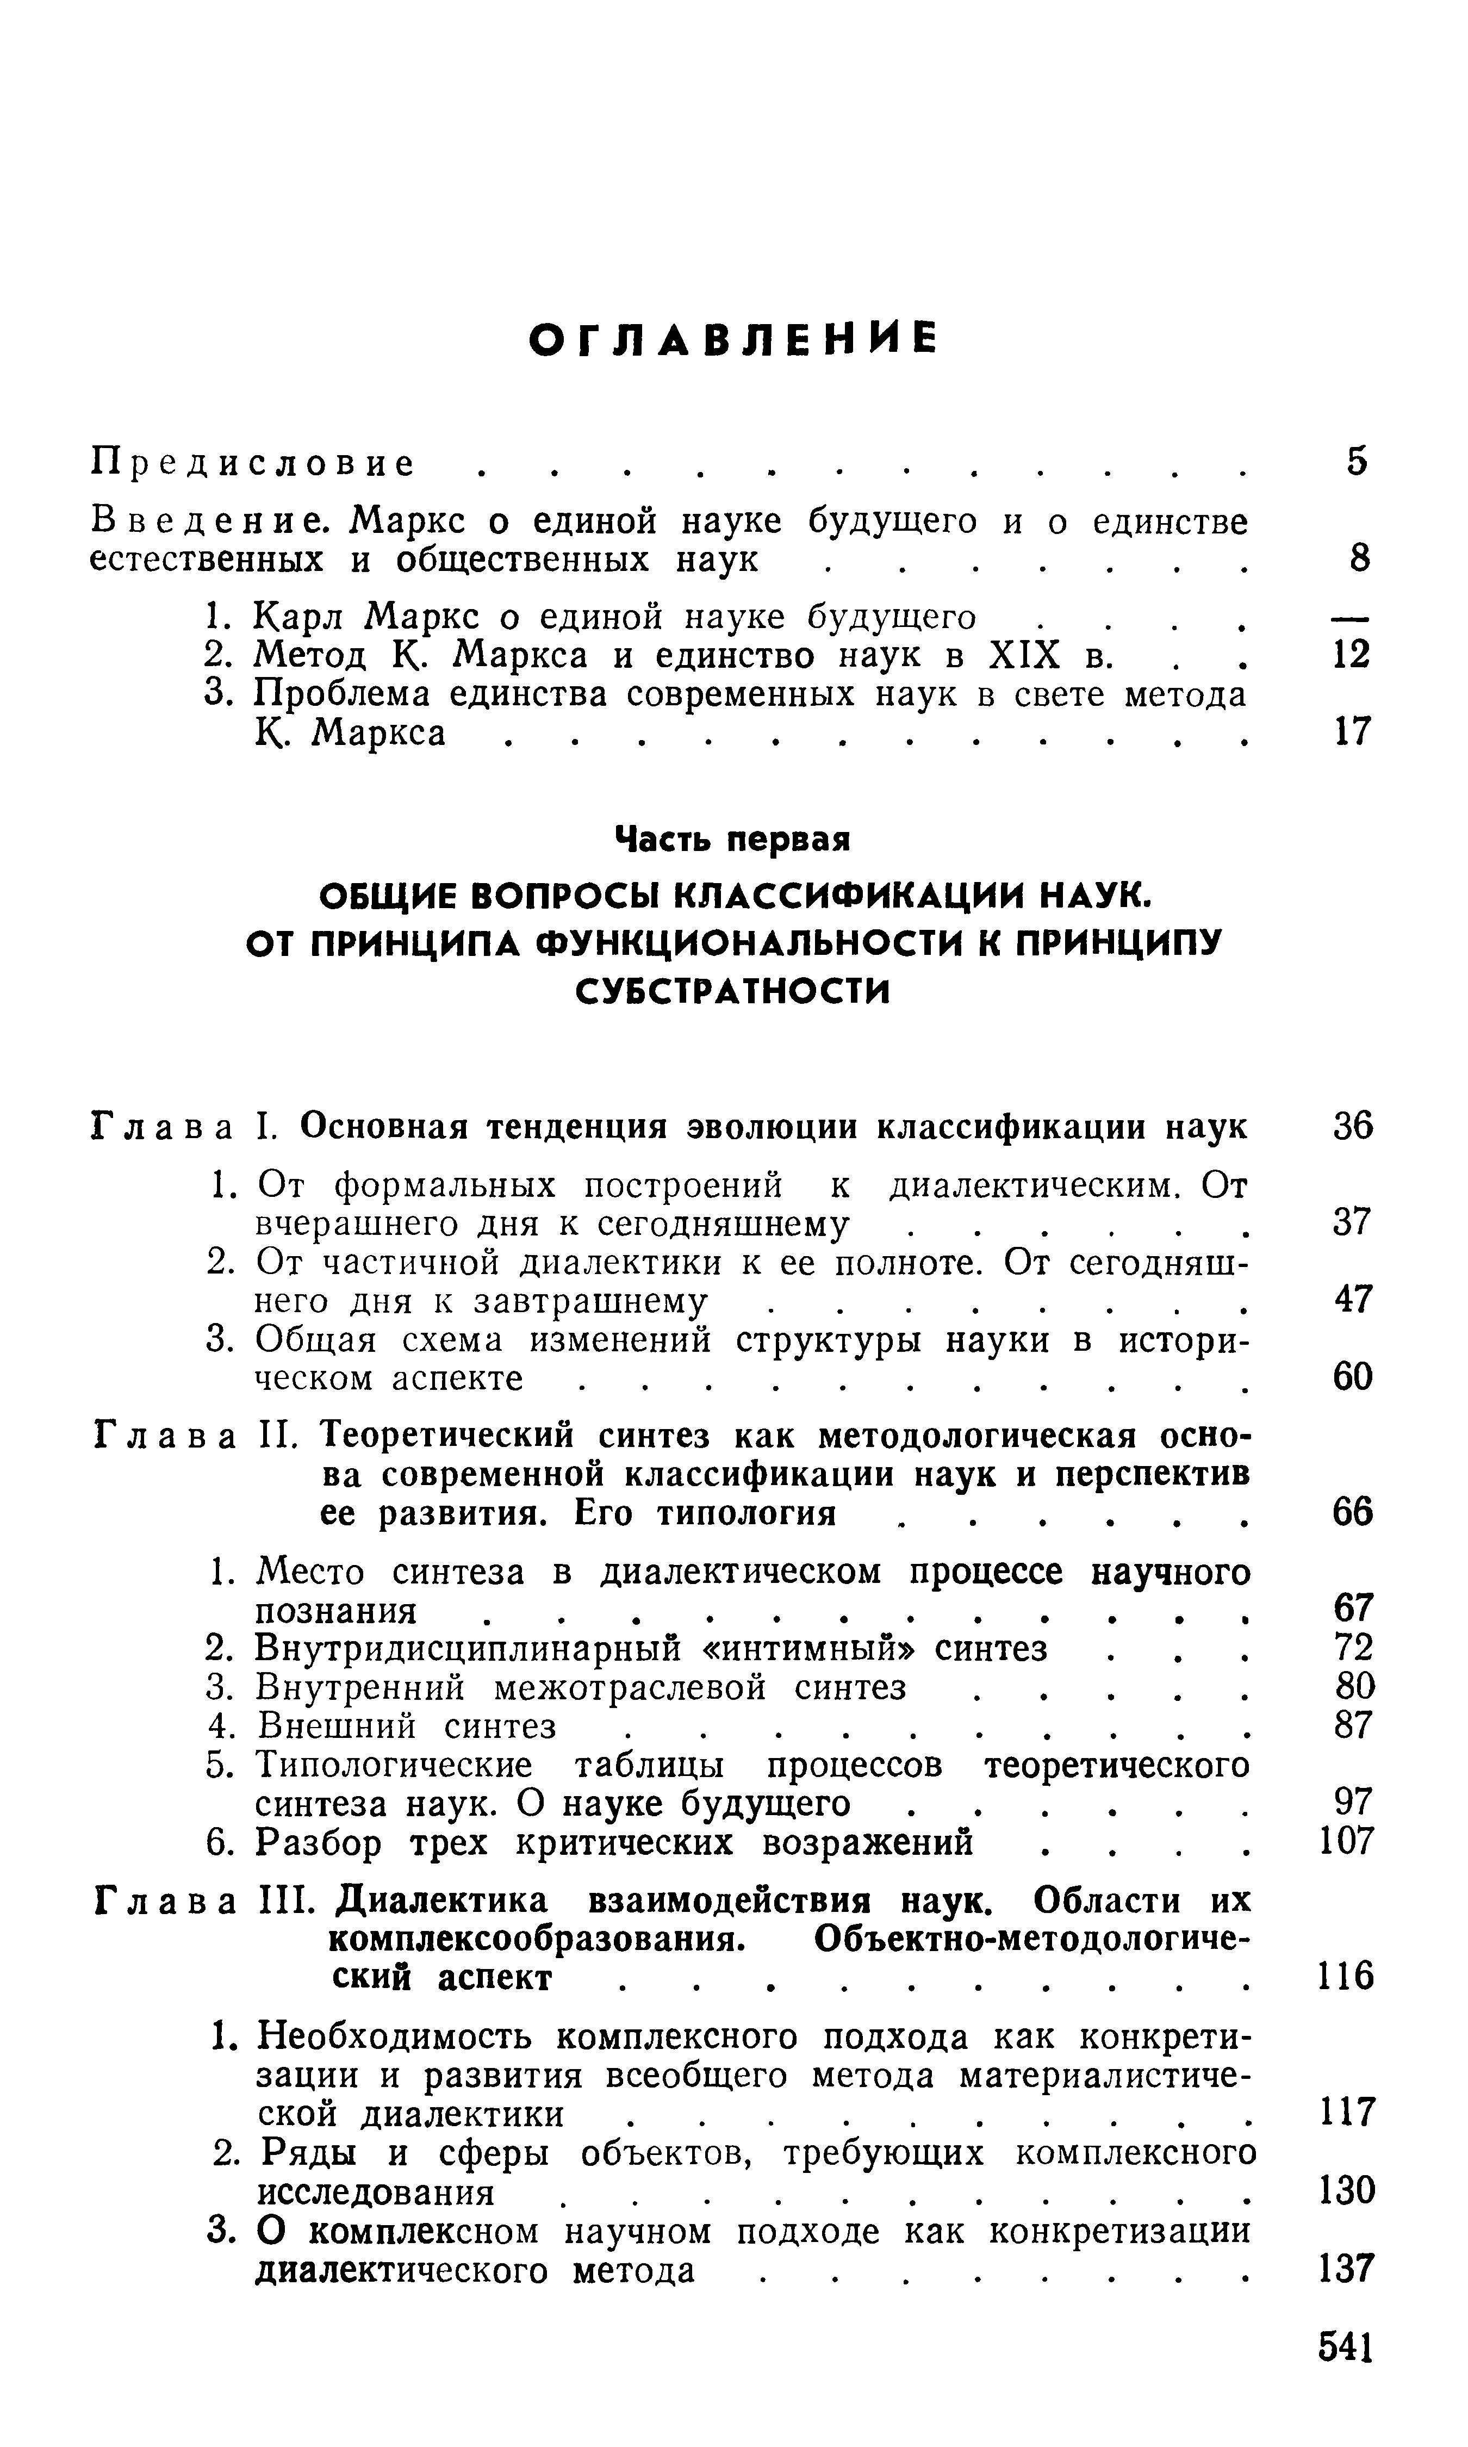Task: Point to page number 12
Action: (1350, 655)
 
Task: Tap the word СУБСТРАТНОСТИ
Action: (733, 991)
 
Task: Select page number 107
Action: (1347, 1842)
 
